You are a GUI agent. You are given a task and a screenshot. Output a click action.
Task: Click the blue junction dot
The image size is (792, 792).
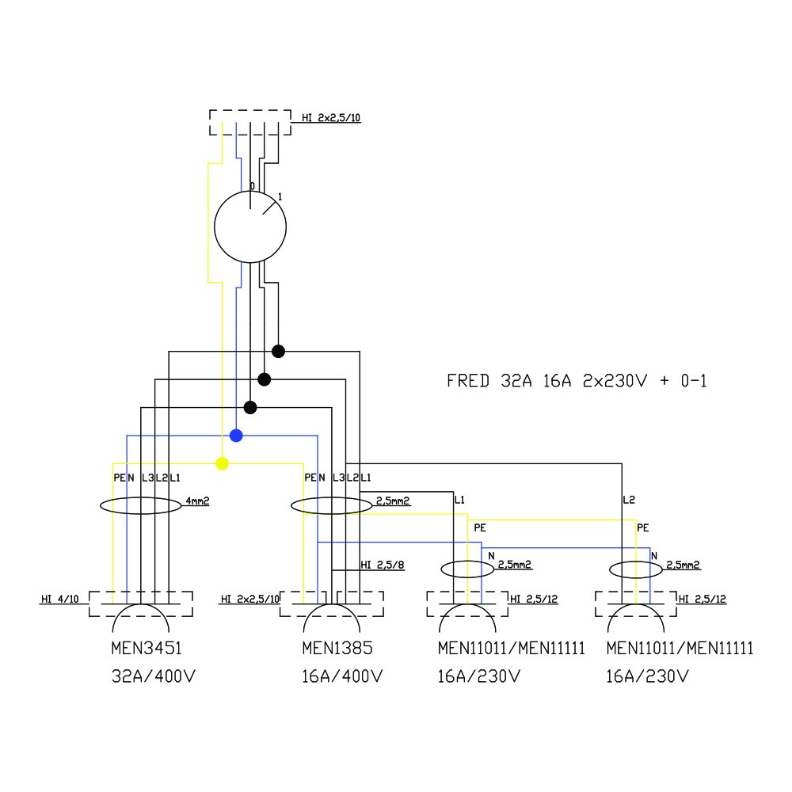click(x=236, y=436)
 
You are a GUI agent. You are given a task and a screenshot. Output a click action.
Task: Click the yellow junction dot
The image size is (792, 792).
click(x=223, y=463)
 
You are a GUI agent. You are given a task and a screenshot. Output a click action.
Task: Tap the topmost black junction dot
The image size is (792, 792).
click(x=278, y=351)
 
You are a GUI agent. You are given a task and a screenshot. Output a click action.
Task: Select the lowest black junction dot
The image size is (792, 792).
click(x=250, y=407)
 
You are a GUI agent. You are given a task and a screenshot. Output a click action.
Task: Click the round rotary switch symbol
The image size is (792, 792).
click(x=250, y=227)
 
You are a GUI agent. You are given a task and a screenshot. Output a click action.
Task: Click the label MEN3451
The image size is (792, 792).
click(x=147, y=649)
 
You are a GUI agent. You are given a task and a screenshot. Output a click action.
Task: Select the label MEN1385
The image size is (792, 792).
click(x=337, y=649)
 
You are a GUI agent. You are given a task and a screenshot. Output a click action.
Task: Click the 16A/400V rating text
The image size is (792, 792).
click(x=343, y=677)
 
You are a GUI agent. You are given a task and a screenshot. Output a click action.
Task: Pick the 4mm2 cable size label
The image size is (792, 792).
click(x=197, y=501)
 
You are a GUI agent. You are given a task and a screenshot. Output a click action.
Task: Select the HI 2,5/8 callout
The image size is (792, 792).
click(x=383, y=565)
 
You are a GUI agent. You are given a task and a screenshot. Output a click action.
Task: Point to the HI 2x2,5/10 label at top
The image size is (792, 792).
click(x=331, y=118)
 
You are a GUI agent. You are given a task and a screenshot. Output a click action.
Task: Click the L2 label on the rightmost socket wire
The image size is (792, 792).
click(x=629, y=500)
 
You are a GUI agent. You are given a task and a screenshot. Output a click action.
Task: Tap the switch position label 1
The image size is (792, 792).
click(x=280, y=196)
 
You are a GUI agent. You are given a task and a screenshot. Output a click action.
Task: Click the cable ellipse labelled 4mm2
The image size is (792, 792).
click(x=141, y=506)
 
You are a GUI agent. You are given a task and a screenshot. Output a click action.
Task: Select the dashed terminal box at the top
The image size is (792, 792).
click(x=250, y=124)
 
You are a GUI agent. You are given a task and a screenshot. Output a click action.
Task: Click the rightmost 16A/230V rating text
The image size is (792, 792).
click(x=647, y=677)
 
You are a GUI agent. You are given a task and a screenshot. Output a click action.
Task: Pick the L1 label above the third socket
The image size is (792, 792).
click(x=459, y=500)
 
